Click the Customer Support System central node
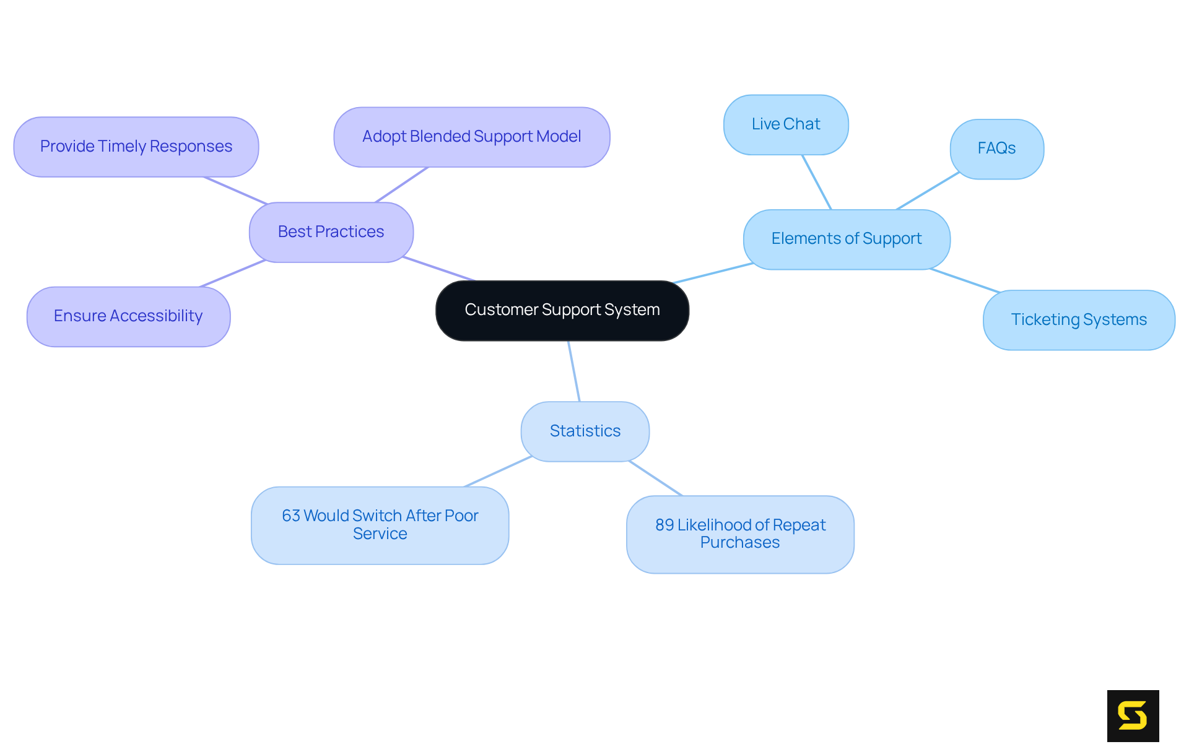[562, 310]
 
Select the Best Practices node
[331, 232]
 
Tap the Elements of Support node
[846, 239]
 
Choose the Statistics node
[585, 431]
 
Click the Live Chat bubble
[785, 124]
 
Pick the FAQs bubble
[996, 149]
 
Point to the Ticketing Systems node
[1078, 320]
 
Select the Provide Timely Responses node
[136, 147]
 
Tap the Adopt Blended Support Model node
[471, 137]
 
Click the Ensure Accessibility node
[128, 316]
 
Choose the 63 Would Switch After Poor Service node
[380, 525]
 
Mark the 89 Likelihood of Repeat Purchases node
[740, 534]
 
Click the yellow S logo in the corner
[1133, 715]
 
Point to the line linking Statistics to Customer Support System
[574, 371]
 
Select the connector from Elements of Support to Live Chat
[817, 182]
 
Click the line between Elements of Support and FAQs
[927, 191]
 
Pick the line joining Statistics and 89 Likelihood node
[655, 478]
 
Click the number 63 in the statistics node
[290, 516]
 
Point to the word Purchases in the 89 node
[740, 543]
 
